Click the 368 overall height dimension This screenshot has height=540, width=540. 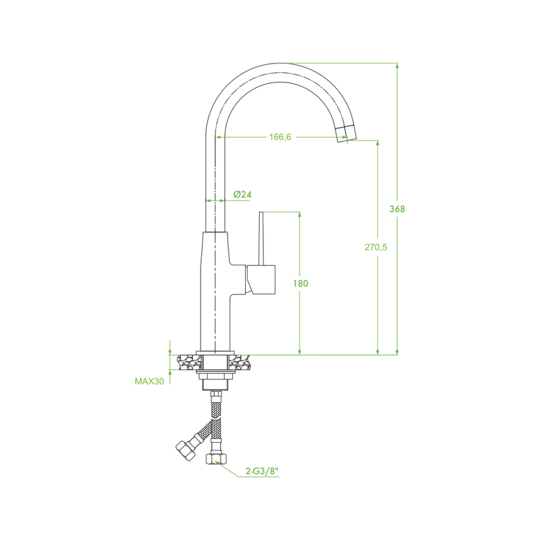tap(397, 209)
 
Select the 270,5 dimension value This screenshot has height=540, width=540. tap(376, 247)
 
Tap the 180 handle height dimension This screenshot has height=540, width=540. tap(300, 283)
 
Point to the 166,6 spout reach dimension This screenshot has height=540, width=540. tap(280, 137)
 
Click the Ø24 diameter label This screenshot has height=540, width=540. tap(242, 194)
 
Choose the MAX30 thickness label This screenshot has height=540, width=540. tap(149, 381)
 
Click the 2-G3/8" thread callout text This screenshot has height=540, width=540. tap(262, 471)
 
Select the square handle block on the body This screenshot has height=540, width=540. tap(261, 280)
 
